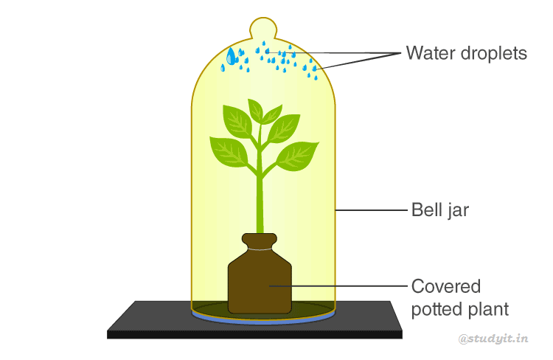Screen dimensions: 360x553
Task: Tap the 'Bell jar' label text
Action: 439,210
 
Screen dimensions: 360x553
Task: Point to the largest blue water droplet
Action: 232,56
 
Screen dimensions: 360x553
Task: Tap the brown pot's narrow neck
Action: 260,243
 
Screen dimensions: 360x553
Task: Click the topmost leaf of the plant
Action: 256,111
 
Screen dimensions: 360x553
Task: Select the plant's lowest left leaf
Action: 229,150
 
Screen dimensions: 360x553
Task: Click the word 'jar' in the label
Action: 458,211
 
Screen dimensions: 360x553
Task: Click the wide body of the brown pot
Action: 260,284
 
